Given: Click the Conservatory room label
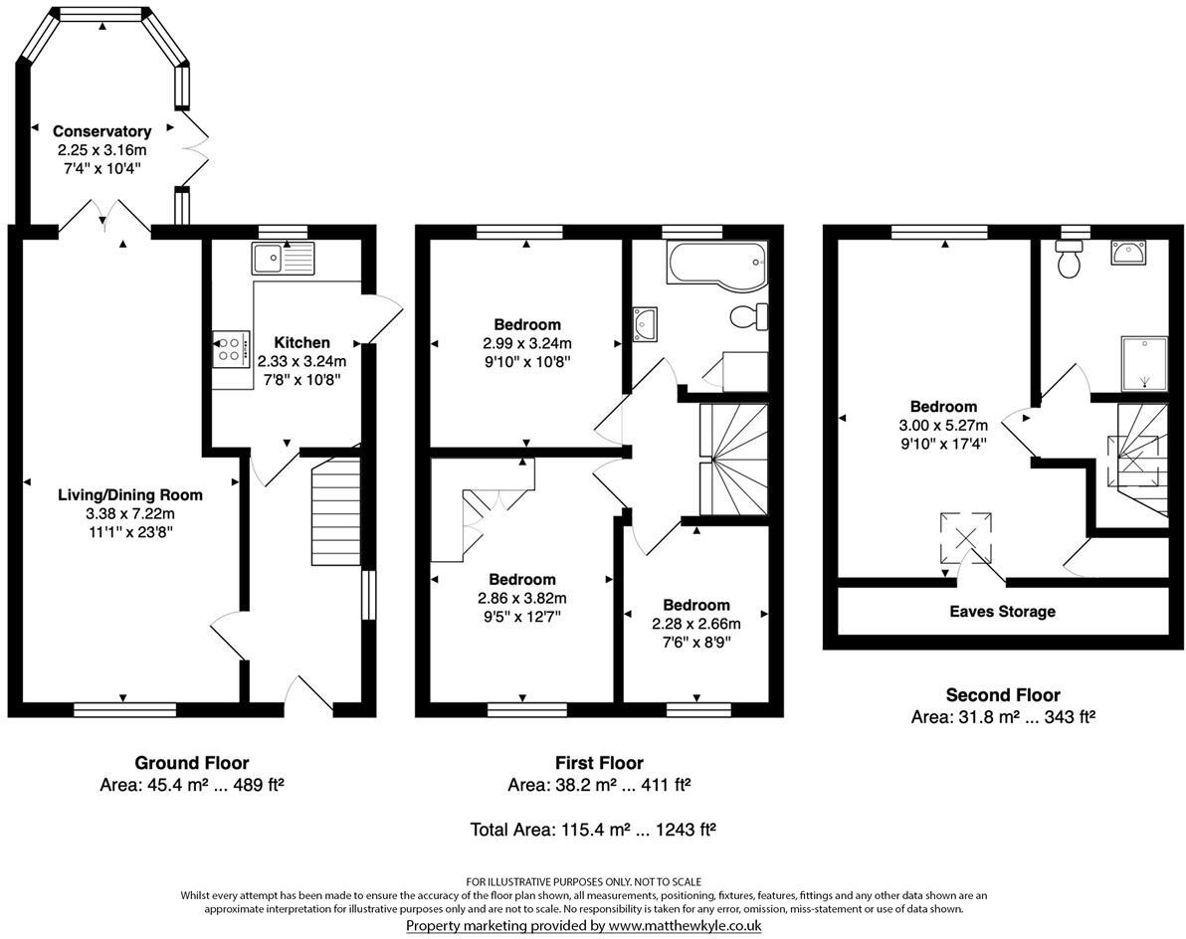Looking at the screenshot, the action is (102, 131).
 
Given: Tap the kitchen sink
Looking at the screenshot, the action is (283, 260).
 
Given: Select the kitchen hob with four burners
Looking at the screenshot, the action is (232, 349).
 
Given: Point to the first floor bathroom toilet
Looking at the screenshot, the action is (749, 316).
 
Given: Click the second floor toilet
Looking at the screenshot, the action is (1070, 260).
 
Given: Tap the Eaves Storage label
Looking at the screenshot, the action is (1002, 612).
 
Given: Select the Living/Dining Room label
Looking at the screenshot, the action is (131, 495).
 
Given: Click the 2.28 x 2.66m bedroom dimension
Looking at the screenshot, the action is (695, 624).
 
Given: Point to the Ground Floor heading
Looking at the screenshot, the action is (191, 763).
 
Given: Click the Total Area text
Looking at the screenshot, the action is (593, 830).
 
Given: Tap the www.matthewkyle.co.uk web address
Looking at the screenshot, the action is (685, 925).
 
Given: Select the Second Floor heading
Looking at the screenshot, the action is (1003, 694).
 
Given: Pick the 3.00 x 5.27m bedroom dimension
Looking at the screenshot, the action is (943, 425).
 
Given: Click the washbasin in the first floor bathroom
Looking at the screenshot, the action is (645, 323).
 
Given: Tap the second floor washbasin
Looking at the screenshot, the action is (1127, 252).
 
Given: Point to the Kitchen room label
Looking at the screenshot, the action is (301, 342).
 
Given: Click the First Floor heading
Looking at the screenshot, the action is (599, 763).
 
